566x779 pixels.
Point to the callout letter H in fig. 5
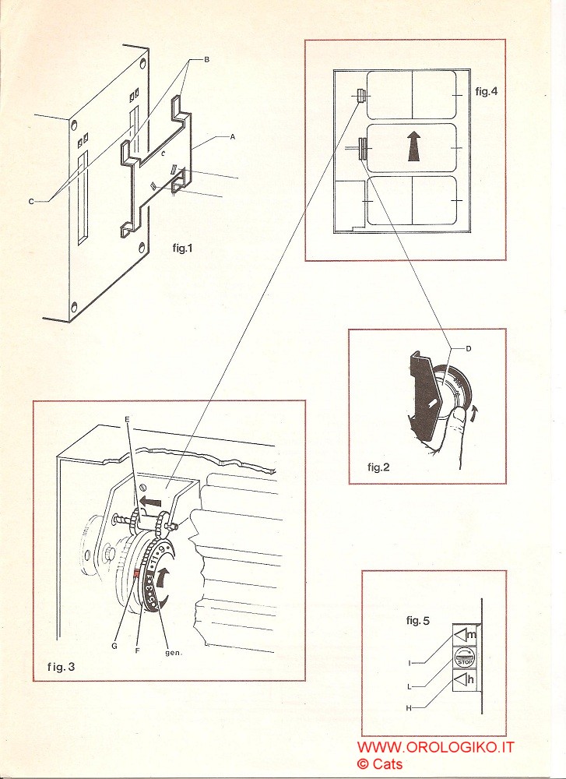pos(409,707)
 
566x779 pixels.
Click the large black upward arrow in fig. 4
pos(413,146)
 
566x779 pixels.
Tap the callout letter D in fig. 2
pos(468,348)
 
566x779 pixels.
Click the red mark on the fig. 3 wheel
pos(136,574)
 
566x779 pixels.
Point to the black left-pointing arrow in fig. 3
pos(153,501)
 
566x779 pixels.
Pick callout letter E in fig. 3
pos(128,418)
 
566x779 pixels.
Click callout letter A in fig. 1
pos(231,137)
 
